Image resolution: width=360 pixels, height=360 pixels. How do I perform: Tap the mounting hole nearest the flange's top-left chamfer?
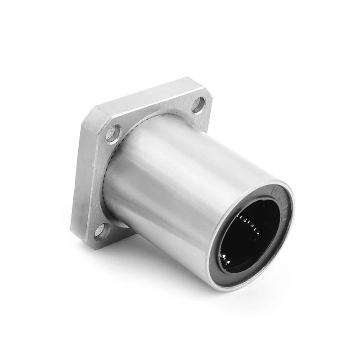[113, 132]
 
